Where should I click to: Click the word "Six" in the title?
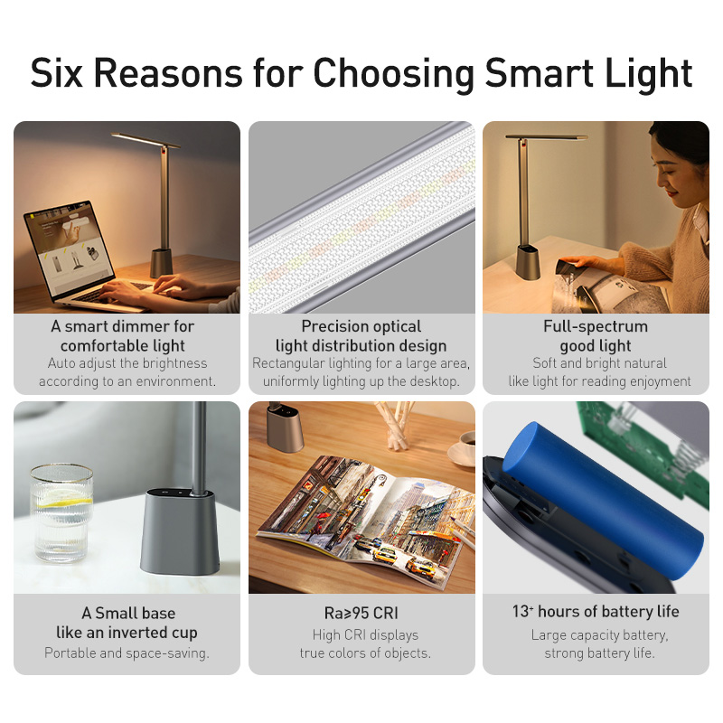point(61,73)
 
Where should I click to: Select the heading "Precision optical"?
point(361,326)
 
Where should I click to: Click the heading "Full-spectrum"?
point(596,326)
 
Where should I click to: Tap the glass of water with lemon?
point(61,511)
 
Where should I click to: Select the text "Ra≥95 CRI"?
point(361,613)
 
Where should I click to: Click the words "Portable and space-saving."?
point(127,653)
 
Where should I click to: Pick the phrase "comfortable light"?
point(123,345)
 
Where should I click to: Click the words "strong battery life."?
point(599,653)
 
